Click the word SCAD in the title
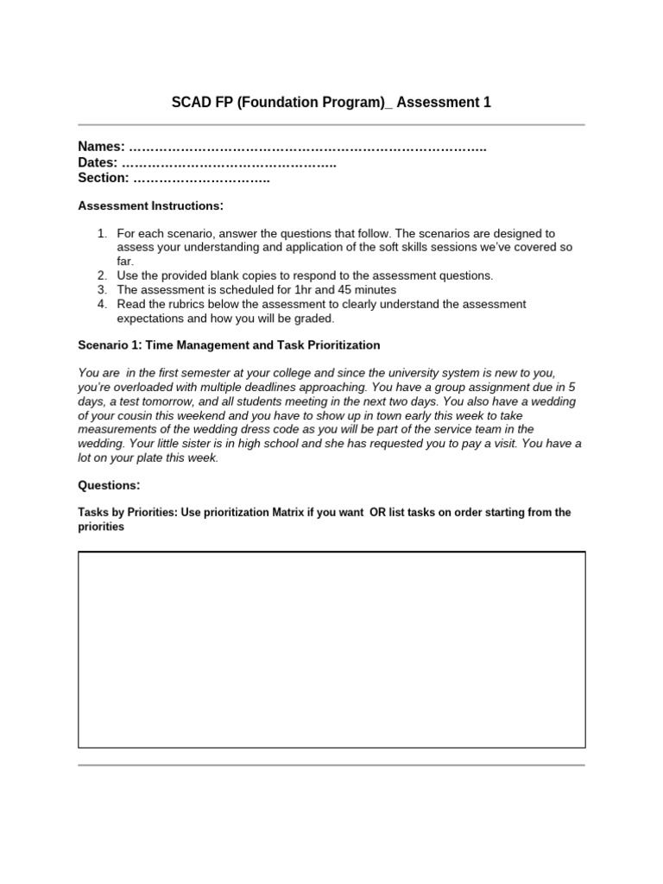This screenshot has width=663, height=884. point(191,103)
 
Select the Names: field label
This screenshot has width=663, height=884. point(102,148)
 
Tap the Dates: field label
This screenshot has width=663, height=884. point(98,163)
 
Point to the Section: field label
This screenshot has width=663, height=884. point(104,178)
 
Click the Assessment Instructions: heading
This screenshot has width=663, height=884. point(150,205)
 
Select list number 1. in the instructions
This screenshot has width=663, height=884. point(103,234)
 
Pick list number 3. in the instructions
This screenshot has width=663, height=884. point(103,290)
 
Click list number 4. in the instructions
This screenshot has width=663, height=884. point(103,304)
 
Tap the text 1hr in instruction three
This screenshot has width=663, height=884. point(313,290)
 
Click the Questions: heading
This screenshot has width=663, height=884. point(109,485)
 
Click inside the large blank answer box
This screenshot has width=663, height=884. point(331,649)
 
